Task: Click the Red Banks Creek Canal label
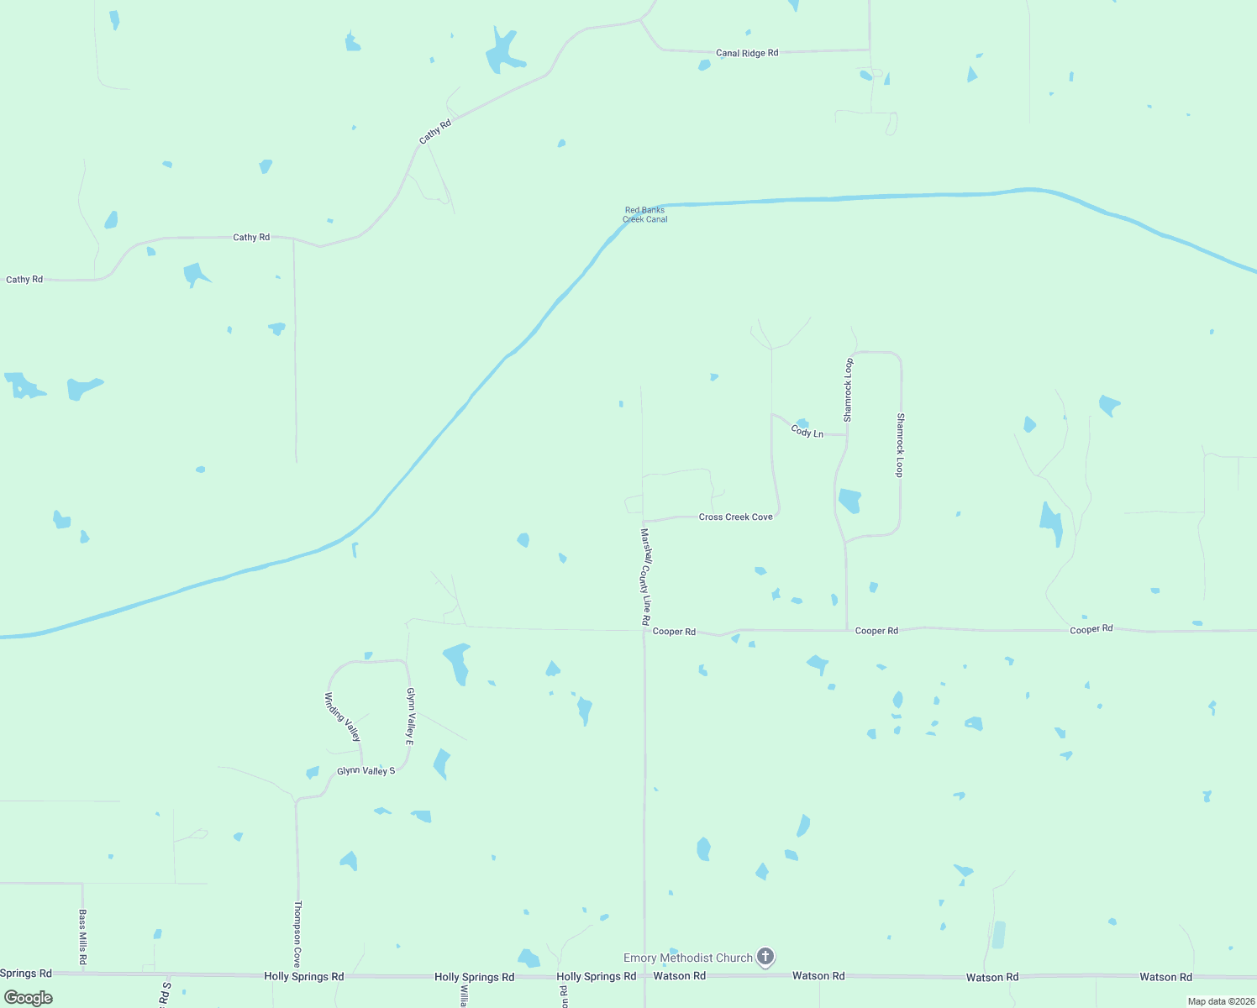click(645, 215)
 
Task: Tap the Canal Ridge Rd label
click(747, 53)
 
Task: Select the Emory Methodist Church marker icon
click(765, 957)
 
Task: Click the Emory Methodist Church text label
click(688, 958)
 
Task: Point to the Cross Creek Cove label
click(735, 517)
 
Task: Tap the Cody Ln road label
click(807, 432)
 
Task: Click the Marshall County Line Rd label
click(645, 576)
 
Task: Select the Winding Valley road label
click(343, 717)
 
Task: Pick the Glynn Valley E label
click(410, 717)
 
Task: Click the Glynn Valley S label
click(366, 770)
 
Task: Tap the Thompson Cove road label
click(297, 934)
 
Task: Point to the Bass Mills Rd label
click(83, 937)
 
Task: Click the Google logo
click(29, 998)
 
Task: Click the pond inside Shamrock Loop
click(849, 501)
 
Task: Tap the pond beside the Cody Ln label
click(802, 423)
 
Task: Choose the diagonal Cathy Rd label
click(435, 131)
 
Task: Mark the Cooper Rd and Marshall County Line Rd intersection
click(644, 630)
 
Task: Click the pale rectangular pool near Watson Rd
click(998, 935)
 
